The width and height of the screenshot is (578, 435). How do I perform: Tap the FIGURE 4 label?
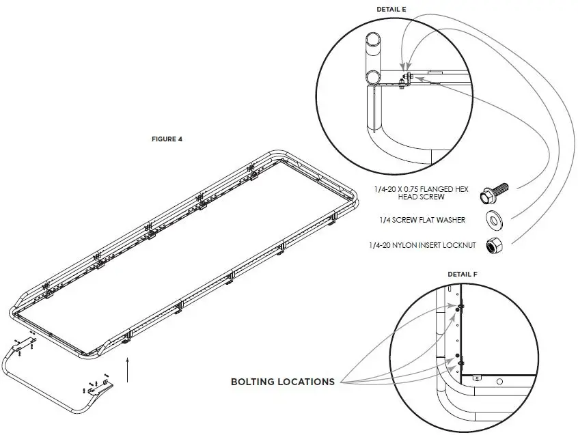[x=167, y=139]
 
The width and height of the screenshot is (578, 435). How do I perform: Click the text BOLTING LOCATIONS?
[x=282, y=381]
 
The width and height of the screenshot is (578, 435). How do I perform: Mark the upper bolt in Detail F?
[x=457, y=309]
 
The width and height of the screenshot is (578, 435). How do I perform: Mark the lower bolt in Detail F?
[x=457, y=356]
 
